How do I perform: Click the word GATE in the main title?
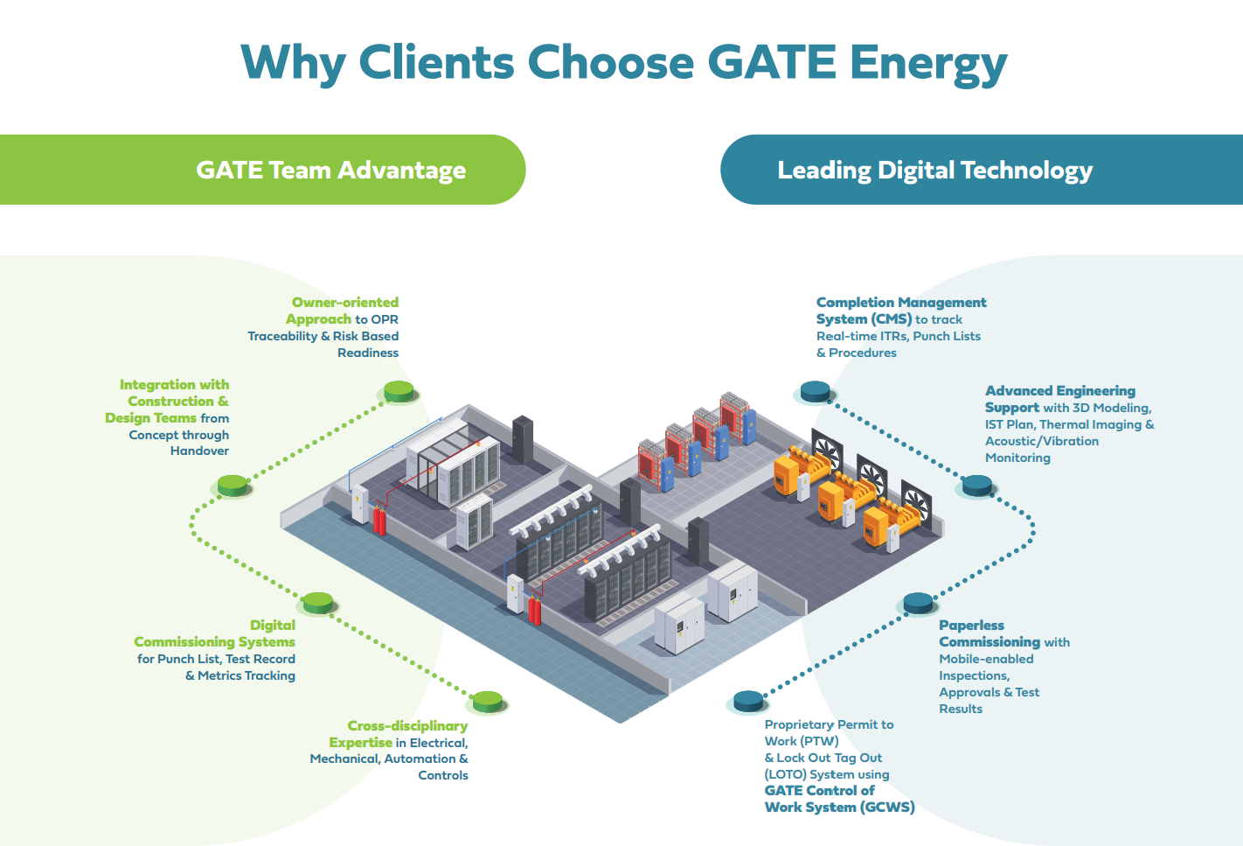[x=771, y=63]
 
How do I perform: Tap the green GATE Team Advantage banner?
[x=330, y=170]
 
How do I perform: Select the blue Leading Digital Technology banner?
[x=934, y=170]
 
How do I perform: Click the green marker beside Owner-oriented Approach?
[x=399, y=391]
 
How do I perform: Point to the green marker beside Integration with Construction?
[x=233, y=485]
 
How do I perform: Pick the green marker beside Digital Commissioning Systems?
[x=317, y=603]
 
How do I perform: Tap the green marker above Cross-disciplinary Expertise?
[x=487, y=701]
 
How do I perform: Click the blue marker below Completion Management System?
[x=815, y=391]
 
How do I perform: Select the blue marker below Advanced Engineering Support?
[x=976, y=485]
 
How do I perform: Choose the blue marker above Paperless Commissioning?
[x=918, y=603]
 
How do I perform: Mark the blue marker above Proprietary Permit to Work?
[x=749, y=701]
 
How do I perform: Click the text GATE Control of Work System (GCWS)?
[x=839, y=799]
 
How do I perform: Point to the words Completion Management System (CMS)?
[x=900, y=311]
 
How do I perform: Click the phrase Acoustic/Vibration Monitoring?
[x=1041, y=449]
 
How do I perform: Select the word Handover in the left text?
[x=199, y=451]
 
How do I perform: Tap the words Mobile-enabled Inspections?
[x=986, y=667]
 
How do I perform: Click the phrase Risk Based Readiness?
[x=366, y=344]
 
